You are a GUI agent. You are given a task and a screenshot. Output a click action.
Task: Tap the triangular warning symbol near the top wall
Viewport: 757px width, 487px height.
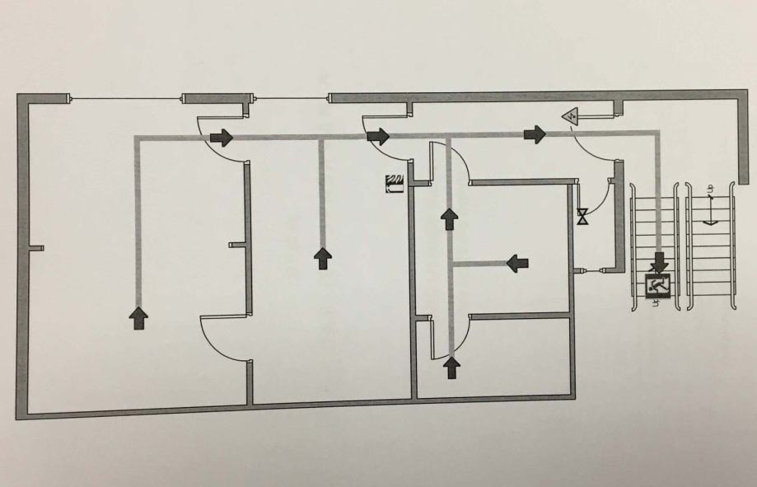coord(570,117)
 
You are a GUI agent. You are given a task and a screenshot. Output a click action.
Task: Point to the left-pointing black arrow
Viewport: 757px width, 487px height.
coord(517,263)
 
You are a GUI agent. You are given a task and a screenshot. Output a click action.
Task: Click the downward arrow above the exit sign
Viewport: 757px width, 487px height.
coord(659,264)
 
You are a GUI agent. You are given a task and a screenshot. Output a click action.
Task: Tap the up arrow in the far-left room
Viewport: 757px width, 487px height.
coord(138,317)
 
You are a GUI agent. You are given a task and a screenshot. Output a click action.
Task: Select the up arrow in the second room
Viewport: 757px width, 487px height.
coord(323,257)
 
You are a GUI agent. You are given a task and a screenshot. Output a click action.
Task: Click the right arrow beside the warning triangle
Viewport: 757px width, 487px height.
coord(535,133)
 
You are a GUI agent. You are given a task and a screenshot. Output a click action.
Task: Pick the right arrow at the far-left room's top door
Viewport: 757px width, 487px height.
coord(222,136)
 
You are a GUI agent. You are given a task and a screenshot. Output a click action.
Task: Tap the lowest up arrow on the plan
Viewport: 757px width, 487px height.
coord(451,367)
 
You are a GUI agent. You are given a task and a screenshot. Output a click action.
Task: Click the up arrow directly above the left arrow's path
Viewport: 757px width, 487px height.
coord(449,218)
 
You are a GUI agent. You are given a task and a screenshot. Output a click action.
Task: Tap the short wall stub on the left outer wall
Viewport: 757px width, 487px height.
coord(37,247)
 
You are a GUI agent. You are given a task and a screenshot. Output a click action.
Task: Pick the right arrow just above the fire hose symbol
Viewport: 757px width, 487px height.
coord(378,136)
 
